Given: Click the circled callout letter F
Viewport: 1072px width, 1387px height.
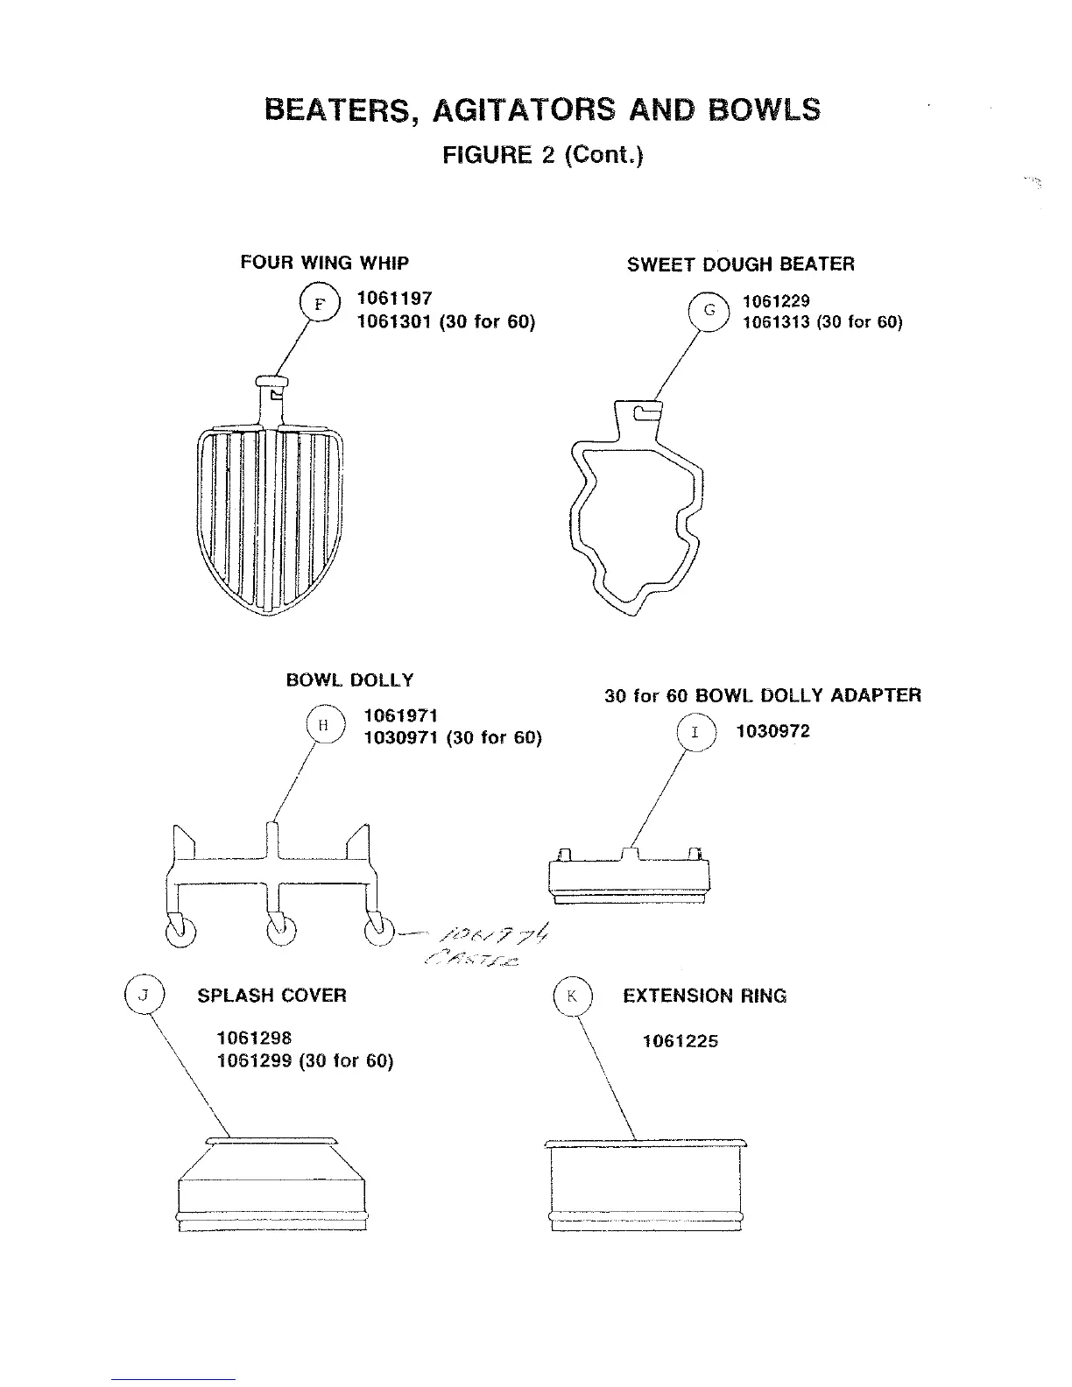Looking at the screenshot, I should click(x=320, y=305).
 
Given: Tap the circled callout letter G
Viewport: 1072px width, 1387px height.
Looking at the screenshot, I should click(x=709, y=310).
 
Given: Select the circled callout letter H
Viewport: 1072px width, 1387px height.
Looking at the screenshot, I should click(x=323, y=725).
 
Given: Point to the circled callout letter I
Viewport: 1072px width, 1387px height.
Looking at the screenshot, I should click(x=695, y=732).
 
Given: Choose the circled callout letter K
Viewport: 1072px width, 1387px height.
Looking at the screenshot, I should click(x=573, y=996).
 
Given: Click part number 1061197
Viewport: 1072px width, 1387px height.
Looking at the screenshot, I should click(x=394, y=299).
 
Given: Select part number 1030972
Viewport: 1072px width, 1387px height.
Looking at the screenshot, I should click(x=773, y=731).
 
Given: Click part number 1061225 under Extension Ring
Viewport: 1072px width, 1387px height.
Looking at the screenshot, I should click(x=680, y=1041).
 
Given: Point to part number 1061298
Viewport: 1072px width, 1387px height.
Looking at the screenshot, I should click(x=254, y=1038).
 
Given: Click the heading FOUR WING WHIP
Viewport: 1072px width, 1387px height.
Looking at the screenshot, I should click(x=324, y=263).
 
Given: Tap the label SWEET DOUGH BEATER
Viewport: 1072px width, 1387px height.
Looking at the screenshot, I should click(x=740, y=264).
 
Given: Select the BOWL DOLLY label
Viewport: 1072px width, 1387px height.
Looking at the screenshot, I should click(x=349, y=680).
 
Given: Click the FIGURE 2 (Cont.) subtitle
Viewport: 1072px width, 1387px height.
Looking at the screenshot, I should click(x=542, y=156).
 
